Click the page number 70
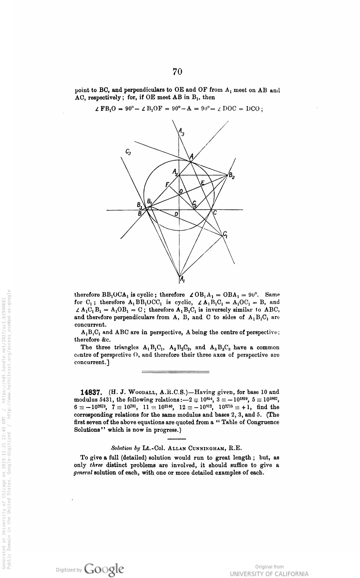[x=177, y=72]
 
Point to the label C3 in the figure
[x=128, y=151]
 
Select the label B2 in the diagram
[x=231, y=176]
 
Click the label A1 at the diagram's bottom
[x=182, y=279]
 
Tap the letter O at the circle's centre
[x=181, y=192]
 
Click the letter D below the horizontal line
[x=176, y=214]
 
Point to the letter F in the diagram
[x=167, y=184]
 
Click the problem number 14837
[x=91, y=393]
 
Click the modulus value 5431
[x=106, y=400]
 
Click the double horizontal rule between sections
[x=175, y=372]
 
